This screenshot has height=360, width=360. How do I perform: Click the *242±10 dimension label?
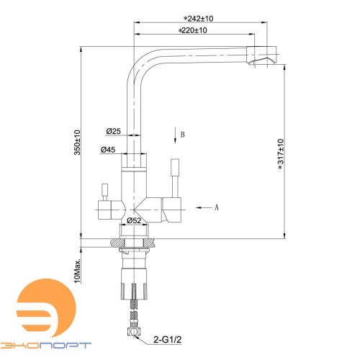click(x=199, y=19)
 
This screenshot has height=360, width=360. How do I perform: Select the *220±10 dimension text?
click(x=192, y=30)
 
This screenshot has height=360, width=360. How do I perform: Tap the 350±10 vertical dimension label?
click(x=77, y=143)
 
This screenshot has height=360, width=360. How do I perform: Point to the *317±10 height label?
click(x=281, y=154)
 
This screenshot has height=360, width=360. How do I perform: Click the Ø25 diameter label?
click(x=113, y=131)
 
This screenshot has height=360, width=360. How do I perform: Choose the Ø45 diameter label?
click(x=108, y=150)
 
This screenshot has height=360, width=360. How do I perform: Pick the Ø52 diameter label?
click(x=134, y=220)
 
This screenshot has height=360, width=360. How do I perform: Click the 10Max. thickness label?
click(x=77, y=271)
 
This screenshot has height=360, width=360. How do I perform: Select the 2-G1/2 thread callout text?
click(x=168, y=340)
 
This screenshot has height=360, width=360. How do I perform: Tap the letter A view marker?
click(x=217, y=207)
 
